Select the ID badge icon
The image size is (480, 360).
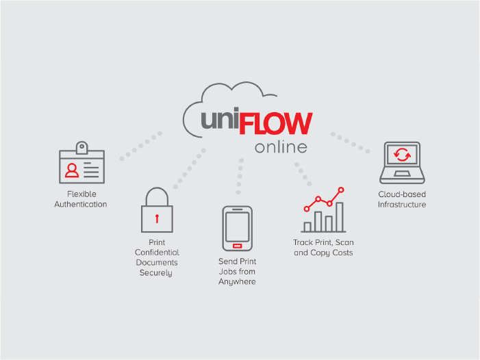(82, 163)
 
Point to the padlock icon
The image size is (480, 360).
(157, 209)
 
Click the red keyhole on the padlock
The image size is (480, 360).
(157, 218)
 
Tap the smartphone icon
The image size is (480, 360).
(237, 228)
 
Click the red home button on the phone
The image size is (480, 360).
(237, 245)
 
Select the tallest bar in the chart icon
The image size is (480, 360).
(339, 217)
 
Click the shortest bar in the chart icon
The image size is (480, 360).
(307, 227)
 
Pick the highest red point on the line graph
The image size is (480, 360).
(341, 190)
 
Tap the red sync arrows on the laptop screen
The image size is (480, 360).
(403, 155)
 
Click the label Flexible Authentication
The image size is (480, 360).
(81, 199)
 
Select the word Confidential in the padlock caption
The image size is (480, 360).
(157, 253)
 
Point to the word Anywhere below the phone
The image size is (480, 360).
(237, 282)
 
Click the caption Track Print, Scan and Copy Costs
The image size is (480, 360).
(323, 248)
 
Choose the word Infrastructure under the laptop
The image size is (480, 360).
(403, 205)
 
